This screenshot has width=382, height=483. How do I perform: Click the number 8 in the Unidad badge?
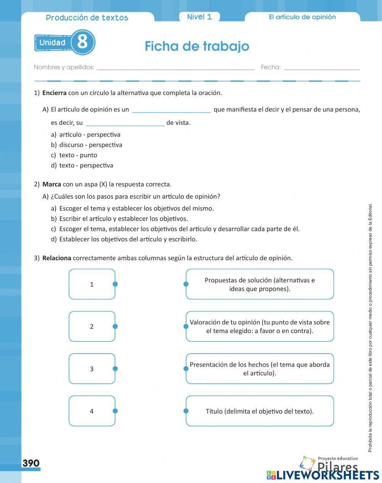pos(83,42)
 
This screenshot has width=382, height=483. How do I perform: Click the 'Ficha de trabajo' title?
pos(197,46)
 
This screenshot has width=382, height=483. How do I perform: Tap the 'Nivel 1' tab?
pos(199,17)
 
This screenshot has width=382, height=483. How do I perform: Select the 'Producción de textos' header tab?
pos(87,18)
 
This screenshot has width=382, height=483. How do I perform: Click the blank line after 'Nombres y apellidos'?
pos(175,68)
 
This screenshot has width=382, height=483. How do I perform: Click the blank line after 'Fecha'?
pos(322,68)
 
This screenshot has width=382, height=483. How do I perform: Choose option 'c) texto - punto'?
pos(78,155)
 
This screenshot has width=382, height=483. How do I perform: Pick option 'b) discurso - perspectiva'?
pos(91,145)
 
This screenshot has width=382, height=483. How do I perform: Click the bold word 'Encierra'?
pos(54,93)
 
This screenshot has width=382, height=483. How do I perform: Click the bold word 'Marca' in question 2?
pos(52,184)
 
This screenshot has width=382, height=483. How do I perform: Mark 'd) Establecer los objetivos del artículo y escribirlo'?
pos(128,239)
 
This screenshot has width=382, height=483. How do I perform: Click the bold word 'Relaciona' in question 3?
pos(57,258)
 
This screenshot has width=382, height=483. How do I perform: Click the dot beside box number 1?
pos(115,284)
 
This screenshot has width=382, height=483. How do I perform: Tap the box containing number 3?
pos(92,369)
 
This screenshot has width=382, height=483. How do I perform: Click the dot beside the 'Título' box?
pos(186,411)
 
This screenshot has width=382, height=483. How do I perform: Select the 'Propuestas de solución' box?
pos(260,284)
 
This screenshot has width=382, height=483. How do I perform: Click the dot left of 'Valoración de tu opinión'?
pos(186,326)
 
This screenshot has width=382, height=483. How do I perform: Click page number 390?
pos(31,463)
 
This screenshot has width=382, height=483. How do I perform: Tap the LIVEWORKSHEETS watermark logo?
pos(323,475)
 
